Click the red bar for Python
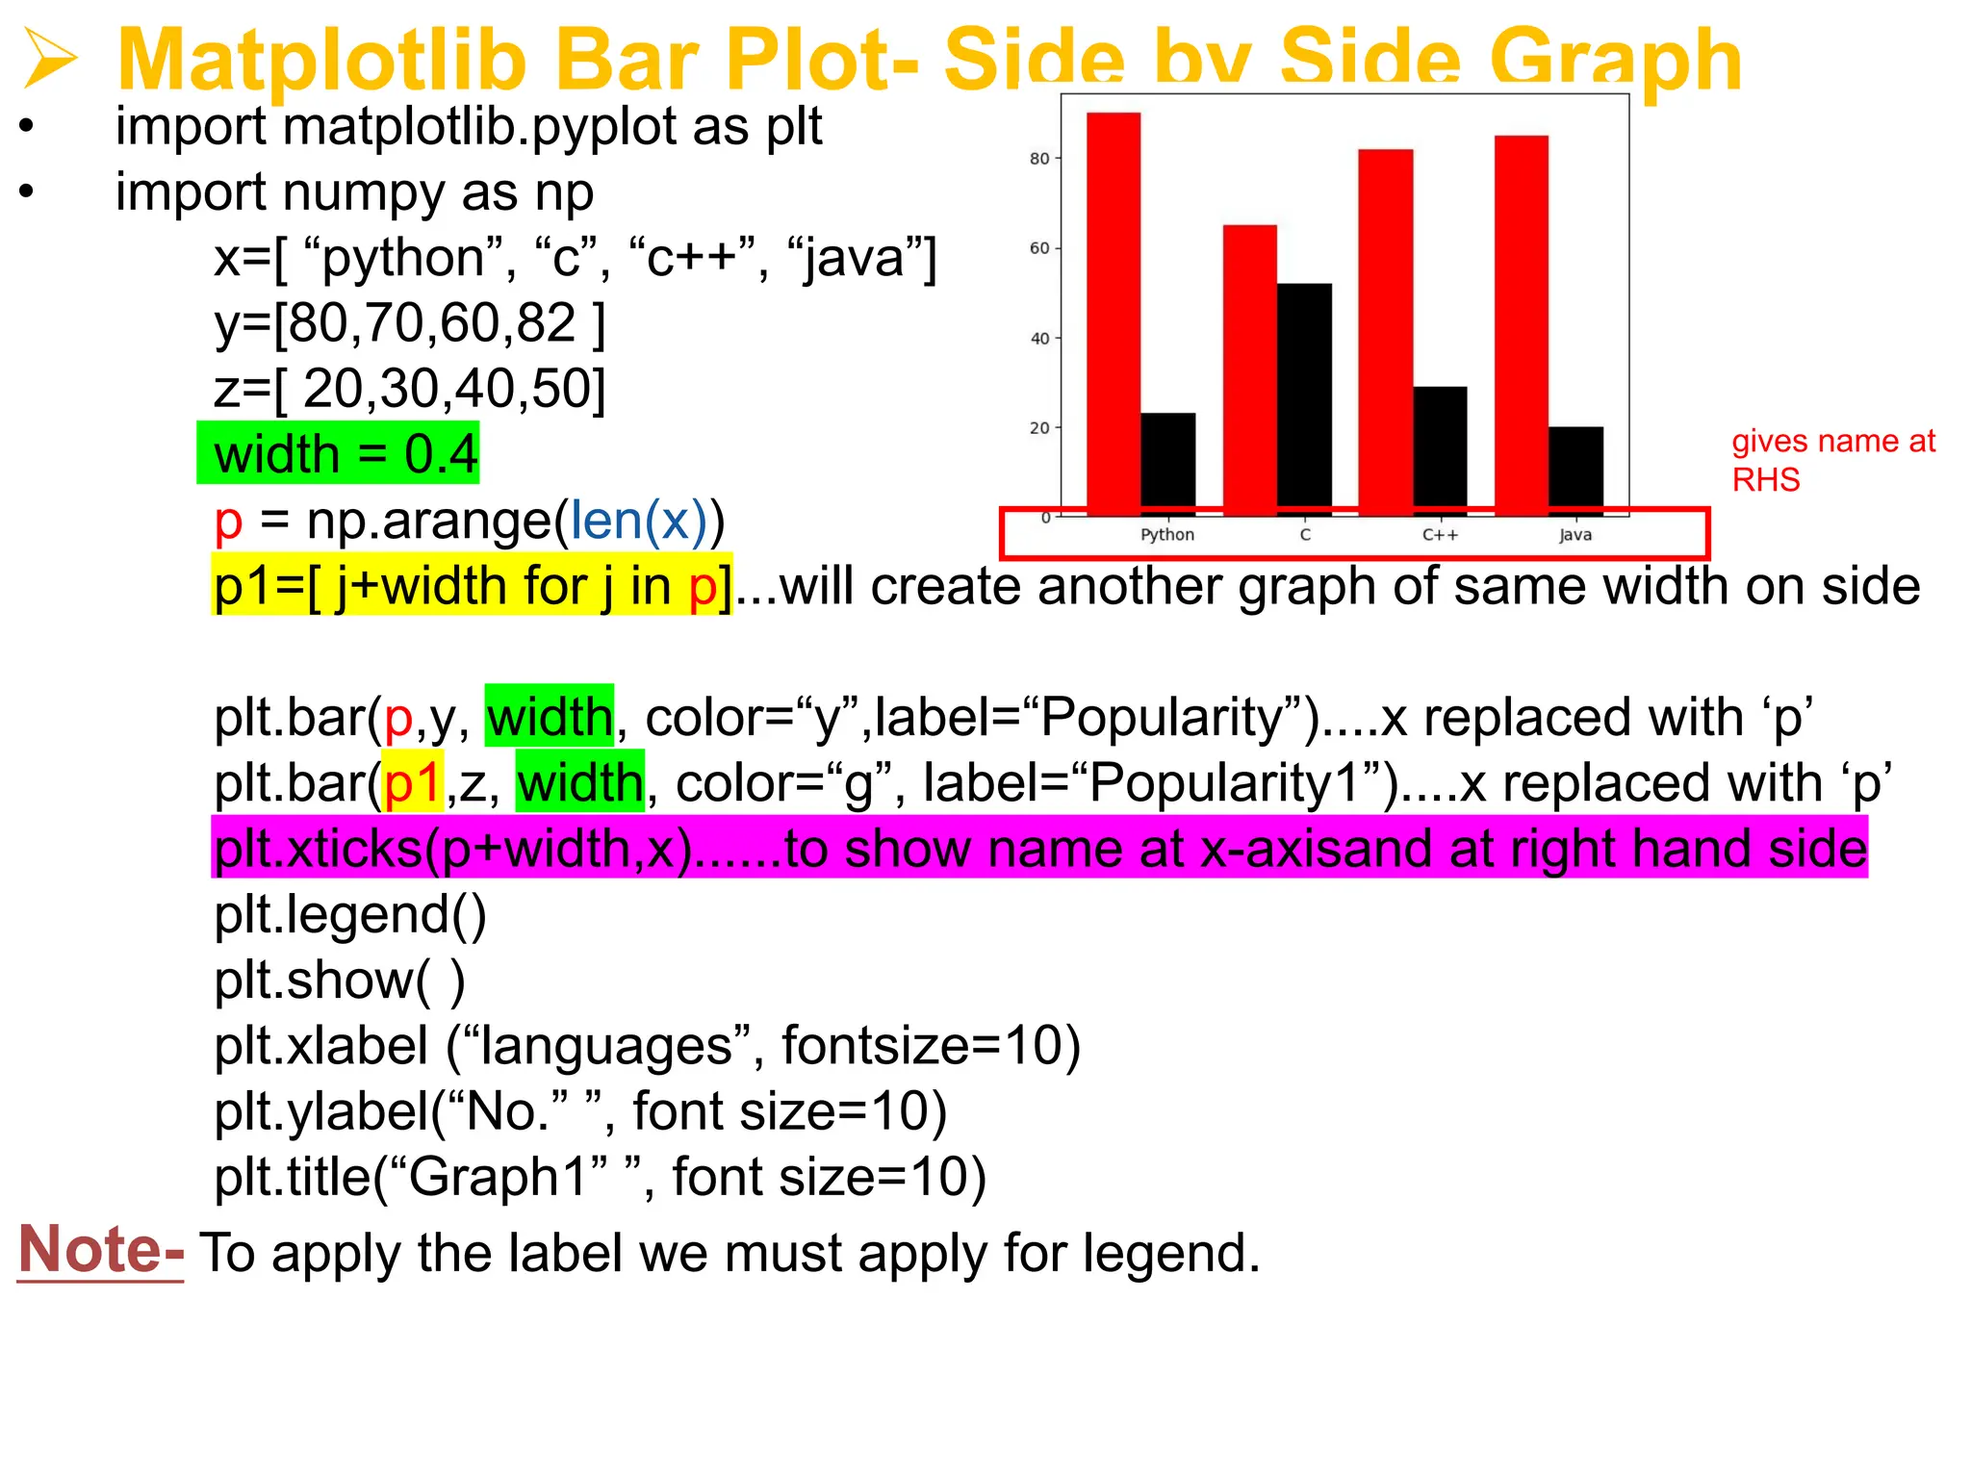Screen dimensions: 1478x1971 pyautogui.click(x=1113, y=308)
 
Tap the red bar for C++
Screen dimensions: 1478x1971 pyautogui.click(x=1385, y=327)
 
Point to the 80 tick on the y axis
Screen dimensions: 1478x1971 pyautogui.click(x=1039, y=159)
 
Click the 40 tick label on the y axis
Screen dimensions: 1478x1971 pyautogui.click(x=1039, y=339)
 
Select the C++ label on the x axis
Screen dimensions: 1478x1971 pyautogui.click(x=1440, y=535)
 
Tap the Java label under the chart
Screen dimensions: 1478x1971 pyautogui.click(x=1575, y=535)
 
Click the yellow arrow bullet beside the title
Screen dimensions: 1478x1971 pyautogui.click(x=50, y=59)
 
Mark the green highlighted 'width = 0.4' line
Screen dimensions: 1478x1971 pyautogui.click(x=339, y=453)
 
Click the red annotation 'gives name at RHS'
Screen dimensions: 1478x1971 pyautogui.click(x=1832, y=460)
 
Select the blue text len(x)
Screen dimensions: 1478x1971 pyautogui.click(x=638, y=521)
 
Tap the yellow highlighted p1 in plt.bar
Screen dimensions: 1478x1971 pyautogui.click(x=413, y=783)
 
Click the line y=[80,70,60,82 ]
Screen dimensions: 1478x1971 pyautogui.click(x=409, y=323)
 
